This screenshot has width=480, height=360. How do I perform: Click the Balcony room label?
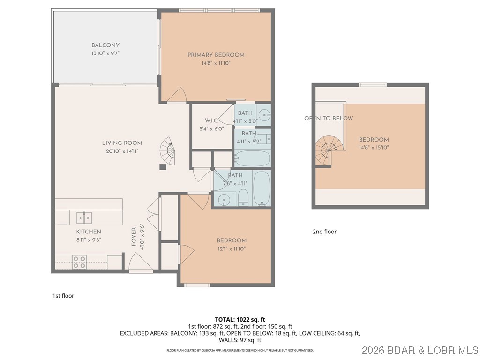105,45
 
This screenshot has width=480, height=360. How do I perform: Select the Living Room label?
122,143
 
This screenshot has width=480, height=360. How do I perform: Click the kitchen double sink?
84,217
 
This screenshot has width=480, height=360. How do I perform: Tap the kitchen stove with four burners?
79,262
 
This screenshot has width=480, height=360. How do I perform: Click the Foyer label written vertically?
134,237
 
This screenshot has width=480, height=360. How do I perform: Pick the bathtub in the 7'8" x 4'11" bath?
262,188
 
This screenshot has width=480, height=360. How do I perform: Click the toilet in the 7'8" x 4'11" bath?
243,198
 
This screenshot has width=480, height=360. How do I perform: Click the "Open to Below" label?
329,118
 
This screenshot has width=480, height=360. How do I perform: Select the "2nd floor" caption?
324,232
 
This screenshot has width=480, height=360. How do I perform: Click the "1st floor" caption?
63,296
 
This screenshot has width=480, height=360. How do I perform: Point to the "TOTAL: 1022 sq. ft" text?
240,320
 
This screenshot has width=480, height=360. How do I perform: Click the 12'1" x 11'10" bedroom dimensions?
232,248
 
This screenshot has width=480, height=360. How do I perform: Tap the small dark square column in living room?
162,166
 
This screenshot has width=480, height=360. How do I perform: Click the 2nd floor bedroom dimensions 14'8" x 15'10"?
374,147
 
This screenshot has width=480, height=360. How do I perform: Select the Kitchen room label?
89,232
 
